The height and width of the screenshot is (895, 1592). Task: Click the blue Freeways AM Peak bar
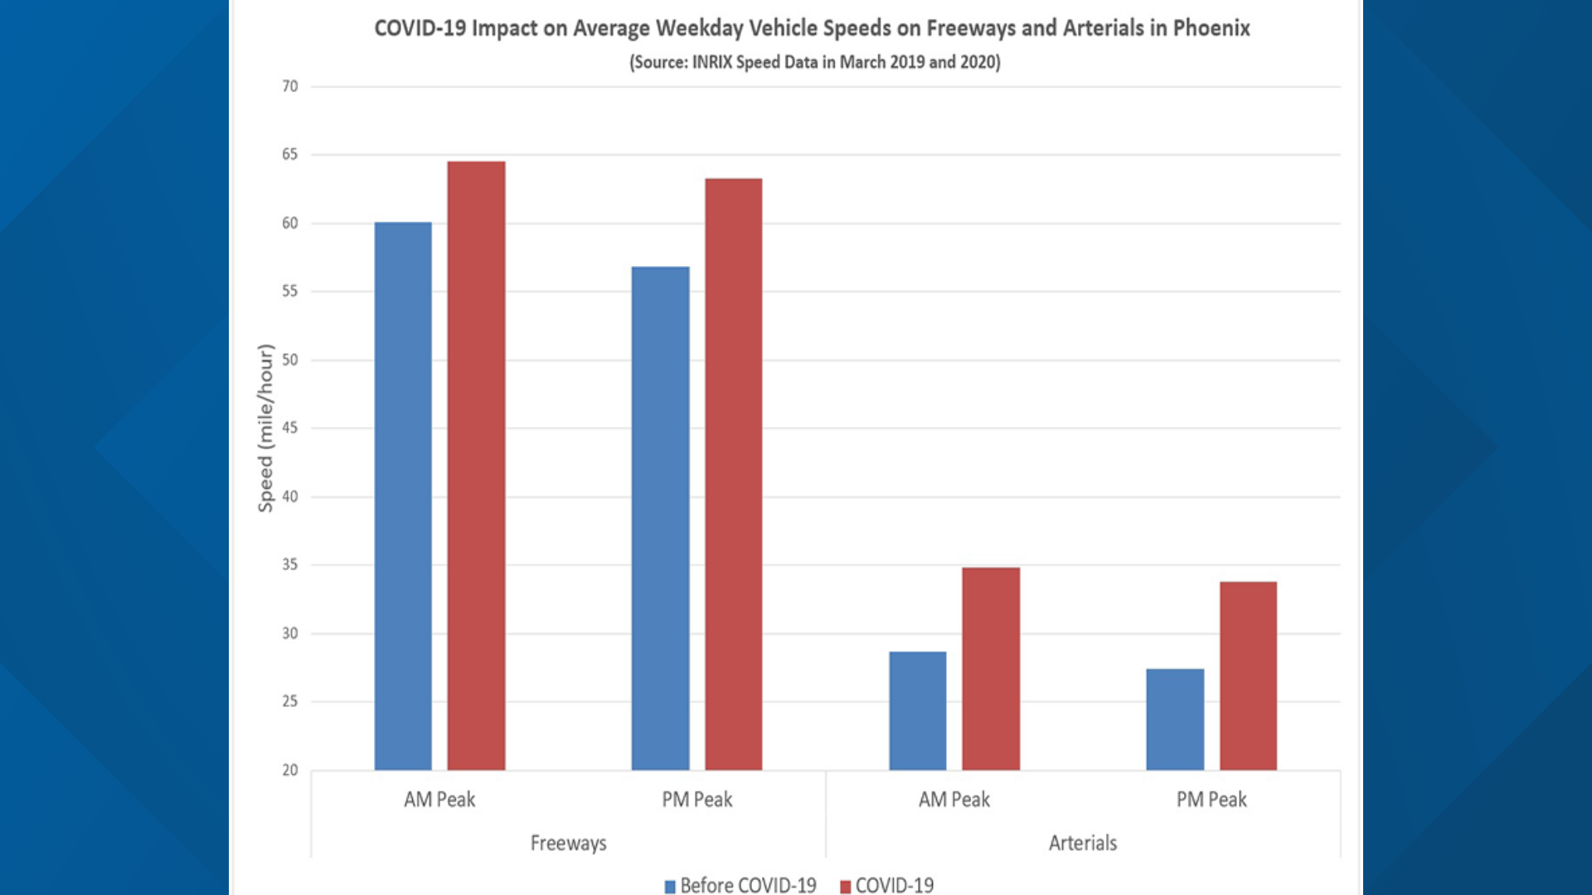403,497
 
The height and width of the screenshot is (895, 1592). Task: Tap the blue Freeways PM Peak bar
660,518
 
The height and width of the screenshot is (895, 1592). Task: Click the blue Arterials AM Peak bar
917,711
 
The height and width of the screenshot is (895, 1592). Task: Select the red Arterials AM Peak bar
991,669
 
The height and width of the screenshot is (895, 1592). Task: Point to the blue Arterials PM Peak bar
1175,719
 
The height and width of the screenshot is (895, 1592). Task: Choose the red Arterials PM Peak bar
1248,676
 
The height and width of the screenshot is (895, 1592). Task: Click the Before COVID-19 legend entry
740,885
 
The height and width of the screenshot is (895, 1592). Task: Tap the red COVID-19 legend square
846,887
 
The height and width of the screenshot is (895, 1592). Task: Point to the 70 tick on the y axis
289,86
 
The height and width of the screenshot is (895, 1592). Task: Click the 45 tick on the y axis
289,428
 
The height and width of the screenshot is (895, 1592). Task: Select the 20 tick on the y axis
289,770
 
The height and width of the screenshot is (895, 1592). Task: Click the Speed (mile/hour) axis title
265,428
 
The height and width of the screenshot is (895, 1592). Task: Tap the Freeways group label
568,843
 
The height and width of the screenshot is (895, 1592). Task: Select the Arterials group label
1082,843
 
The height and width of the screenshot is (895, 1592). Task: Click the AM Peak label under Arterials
954,800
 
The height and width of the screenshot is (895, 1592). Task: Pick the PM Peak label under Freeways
696,800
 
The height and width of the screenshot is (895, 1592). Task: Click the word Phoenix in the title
1211,28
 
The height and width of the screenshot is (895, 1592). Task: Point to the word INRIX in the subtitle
711,62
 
